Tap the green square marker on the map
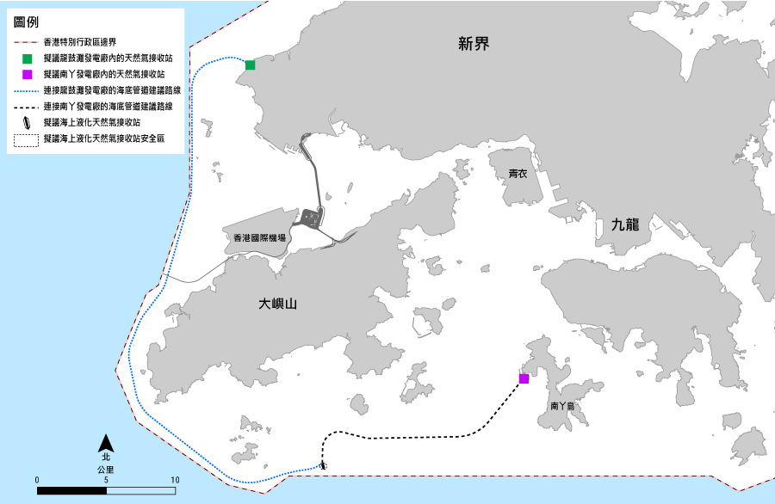[250, 65]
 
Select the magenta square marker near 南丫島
[524, 378]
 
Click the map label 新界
[474, 44]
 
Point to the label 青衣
[518, 174]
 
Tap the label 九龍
[624, 225]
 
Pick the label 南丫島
[562, 404]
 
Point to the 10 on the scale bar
[175, 479]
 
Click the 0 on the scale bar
[37, 479]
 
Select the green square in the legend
[28, 58]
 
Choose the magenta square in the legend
[28, 75]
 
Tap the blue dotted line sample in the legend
[27, 90]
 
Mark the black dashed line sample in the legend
[27, 106]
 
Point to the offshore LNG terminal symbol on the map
[323, 465]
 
